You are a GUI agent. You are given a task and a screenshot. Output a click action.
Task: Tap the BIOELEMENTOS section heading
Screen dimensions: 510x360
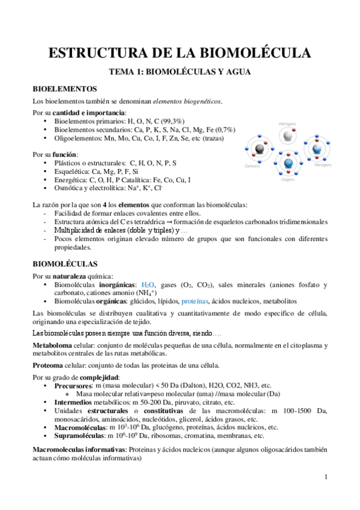coord(64,88)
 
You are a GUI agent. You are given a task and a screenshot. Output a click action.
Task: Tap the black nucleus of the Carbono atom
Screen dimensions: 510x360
coord(259,149)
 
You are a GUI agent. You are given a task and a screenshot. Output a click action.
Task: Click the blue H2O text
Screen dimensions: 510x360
coord(148,284)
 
